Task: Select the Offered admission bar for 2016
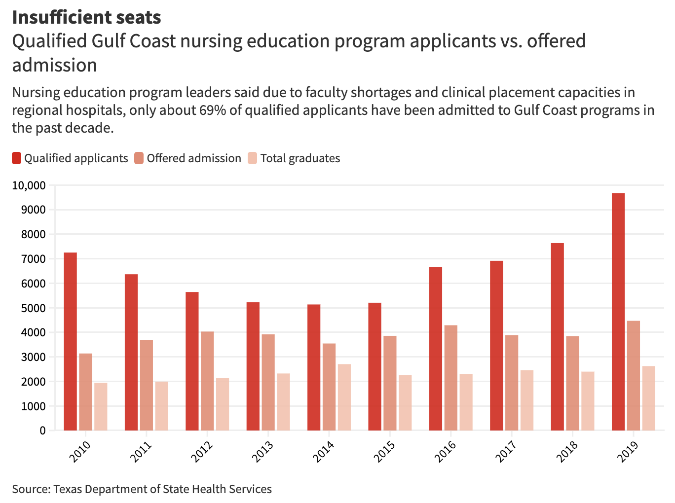click(x=450, y=378)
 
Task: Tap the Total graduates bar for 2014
click(x=344, y=397)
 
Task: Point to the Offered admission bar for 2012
click(x=207, y=381)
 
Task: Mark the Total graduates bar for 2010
click(x=101, y=406)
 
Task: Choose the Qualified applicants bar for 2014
click(x=314, y=367)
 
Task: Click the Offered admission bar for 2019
click(x=633, y=375)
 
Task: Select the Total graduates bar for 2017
click(x=526, y=400)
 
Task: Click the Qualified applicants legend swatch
click(x=17, y=158)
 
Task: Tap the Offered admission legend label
click(x=194, y=158)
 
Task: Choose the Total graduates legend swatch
click(x=253, y=158)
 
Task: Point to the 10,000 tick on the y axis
click(x=29, y=185)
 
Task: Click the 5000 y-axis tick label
click(x=33, y=308)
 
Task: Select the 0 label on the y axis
click(x=42, y=431)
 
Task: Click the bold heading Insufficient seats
click(x=86, y=17)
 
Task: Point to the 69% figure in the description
click(x=213, y=110)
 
